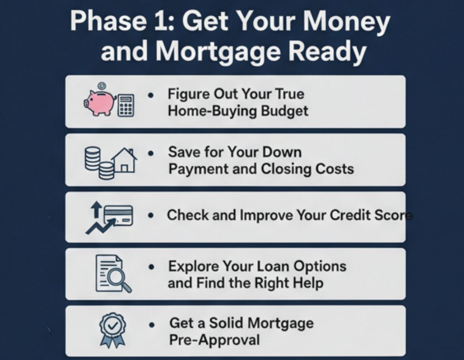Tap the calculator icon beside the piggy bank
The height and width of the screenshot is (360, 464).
126,106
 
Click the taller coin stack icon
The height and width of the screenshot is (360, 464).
92,158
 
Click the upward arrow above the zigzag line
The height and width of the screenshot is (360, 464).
96,209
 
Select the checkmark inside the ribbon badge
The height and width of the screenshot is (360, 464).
113,326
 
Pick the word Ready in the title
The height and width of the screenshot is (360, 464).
328,52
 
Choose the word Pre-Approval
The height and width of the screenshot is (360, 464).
214,340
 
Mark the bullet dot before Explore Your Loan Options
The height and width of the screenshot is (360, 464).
151,267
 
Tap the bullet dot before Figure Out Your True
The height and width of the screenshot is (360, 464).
151,95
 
